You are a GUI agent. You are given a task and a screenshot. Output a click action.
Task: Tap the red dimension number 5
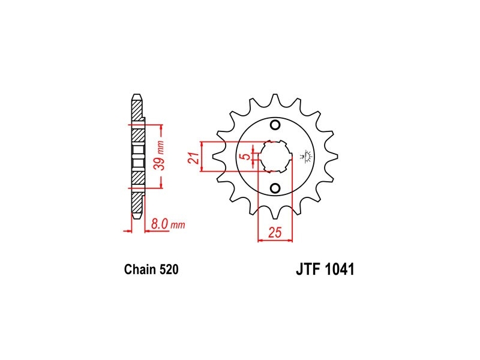tap(246, 157)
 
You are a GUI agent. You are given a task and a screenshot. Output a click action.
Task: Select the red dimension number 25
tap(275, 233)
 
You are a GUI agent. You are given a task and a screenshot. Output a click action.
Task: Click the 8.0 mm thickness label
tap(168, 224)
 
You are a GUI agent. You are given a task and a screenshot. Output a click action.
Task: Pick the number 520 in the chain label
tap(169, 269)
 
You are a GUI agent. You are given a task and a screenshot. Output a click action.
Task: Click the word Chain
tap(140, 269)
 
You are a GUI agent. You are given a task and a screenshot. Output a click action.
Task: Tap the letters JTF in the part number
tap(308, 269)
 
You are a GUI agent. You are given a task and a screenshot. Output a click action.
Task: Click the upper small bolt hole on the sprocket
tap(275, 125)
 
